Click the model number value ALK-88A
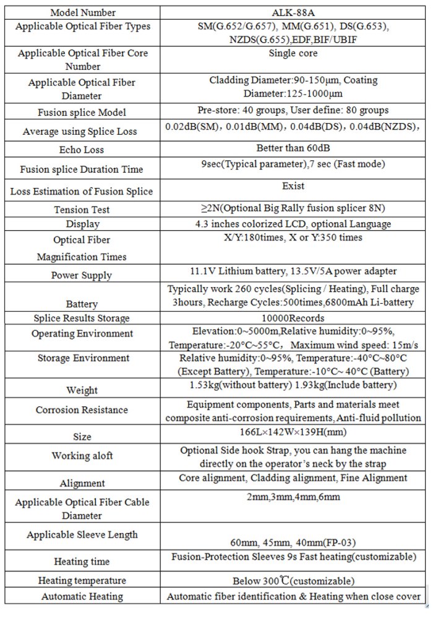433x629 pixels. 293,12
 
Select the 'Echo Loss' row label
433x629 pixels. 82,150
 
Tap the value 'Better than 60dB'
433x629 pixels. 293,148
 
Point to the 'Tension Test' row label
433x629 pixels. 82,210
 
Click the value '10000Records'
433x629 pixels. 293,318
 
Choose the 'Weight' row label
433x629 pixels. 82,390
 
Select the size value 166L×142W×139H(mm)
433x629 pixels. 293,431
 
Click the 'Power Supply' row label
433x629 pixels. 82,275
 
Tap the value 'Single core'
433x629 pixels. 293,53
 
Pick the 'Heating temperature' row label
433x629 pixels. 82,581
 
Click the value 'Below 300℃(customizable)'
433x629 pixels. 293,581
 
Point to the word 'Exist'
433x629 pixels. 293,186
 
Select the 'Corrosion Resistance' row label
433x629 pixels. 82,410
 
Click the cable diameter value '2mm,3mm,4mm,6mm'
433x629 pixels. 293,497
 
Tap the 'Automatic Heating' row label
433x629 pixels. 82,597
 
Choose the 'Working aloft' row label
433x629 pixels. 82,456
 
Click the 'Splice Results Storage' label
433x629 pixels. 82,318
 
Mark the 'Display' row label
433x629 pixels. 82,224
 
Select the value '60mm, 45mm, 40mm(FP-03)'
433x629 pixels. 293,542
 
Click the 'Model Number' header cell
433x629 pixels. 82,12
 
